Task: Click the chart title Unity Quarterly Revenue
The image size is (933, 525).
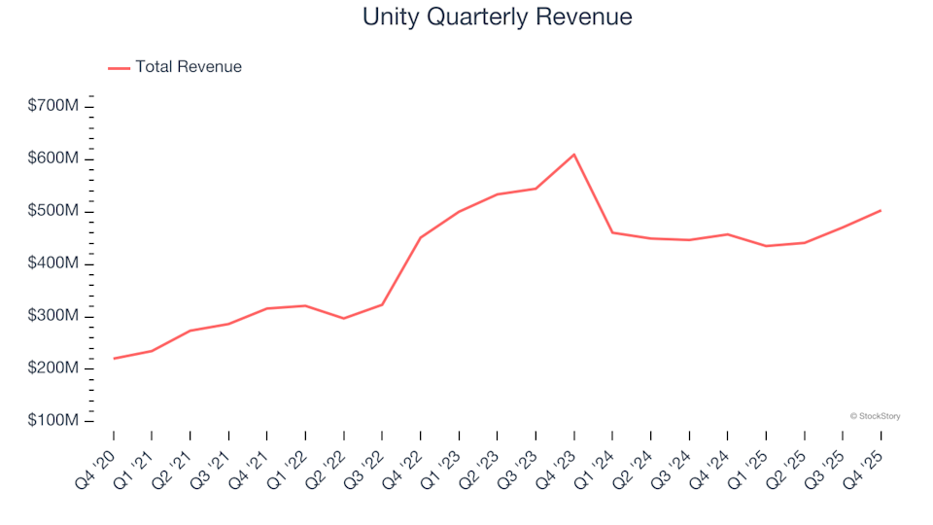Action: (497, 17)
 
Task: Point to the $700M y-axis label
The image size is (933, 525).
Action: (53, 106)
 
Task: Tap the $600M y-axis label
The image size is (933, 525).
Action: (53, 158)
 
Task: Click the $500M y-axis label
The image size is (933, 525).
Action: (53, 211)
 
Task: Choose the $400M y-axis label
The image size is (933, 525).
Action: (53, 263)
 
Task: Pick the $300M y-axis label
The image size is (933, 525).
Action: (53, 316)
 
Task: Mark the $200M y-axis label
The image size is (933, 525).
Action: (53, 368)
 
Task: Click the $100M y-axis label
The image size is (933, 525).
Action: (53, 421)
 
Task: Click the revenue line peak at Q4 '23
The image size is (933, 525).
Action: (573, 155)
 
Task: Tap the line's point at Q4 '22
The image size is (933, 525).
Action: (420, 237)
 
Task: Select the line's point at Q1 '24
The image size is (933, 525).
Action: (612, 232)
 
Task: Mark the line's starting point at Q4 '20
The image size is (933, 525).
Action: (114, 359)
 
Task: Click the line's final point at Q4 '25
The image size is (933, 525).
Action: (881, 210)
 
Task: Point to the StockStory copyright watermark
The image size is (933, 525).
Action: (875, 416)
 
